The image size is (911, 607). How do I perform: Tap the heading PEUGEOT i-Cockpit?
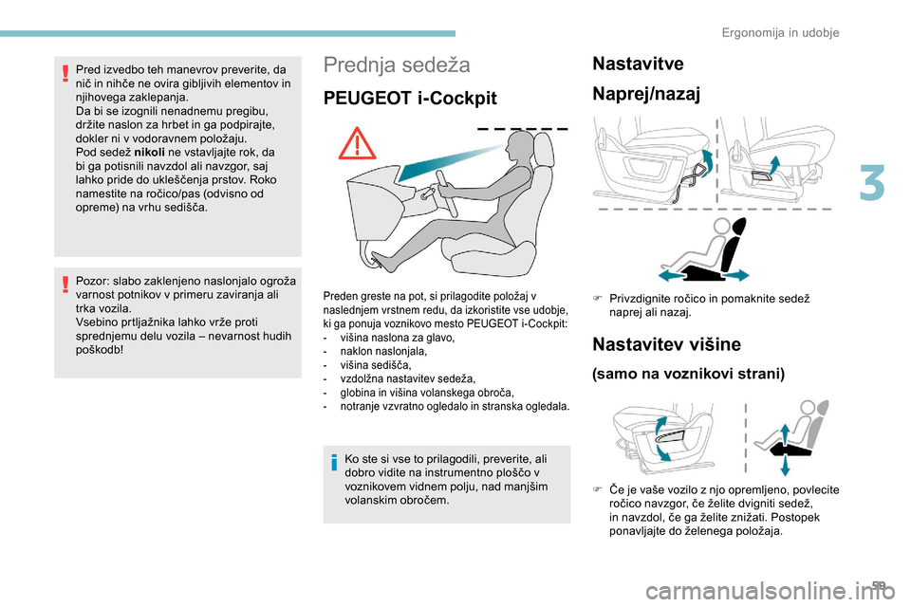pos(410,99)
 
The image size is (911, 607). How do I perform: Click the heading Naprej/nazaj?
pos(646,94)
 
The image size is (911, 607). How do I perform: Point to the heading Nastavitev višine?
pos(664,343)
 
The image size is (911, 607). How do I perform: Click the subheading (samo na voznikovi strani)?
pos(688,374)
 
